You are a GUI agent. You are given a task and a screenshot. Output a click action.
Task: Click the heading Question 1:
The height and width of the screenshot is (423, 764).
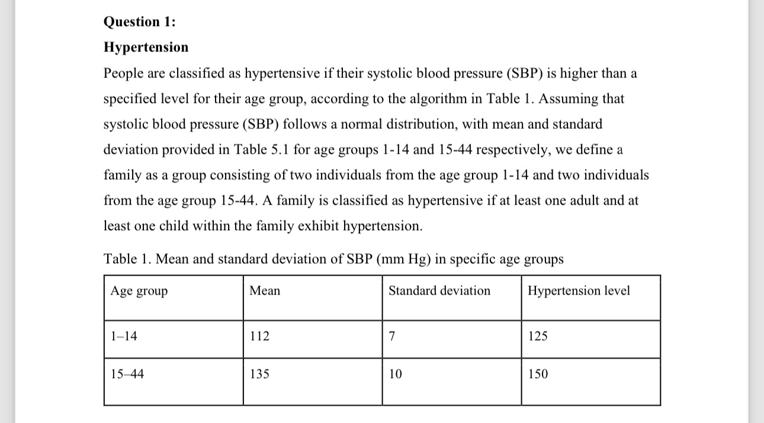coord(140,22)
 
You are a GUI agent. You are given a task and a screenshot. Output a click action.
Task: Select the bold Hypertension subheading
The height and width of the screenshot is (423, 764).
coord(146,47)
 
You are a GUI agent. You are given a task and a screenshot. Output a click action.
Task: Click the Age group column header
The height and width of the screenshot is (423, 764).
coord(139,291)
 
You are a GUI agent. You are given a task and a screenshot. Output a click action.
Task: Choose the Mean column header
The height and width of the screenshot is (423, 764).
coord(265,291)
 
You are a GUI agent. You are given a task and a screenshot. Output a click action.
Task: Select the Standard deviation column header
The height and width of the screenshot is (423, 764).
coord(439,291)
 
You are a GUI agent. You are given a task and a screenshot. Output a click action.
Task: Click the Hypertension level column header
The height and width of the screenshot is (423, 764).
coord(579,291)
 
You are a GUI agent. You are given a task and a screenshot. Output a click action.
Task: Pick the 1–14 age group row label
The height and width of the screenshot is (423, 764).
coord(124,337)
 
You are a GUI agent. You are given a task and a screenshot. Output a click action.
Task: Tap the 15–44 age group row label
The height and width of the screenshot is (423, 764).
coord(127,374)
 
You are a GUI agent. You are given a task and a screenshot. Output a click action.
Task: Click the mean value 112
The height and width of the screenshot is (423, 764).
coord(259,337)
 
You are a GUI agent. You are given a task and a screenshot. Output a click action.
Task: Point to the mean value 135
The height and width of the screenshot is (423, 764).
coord(259,374)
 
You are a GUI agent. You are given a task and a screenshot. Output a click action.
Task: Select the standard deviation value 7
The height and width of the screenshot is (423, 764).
coord(392,337)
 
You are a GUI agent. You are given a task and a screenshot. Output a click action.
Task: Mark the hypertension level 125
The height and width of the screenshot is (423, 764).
coord(538,337)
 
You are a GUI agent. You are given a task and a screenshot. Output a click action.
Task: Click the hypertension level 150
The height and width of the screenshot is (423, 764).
coord(538,374)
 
